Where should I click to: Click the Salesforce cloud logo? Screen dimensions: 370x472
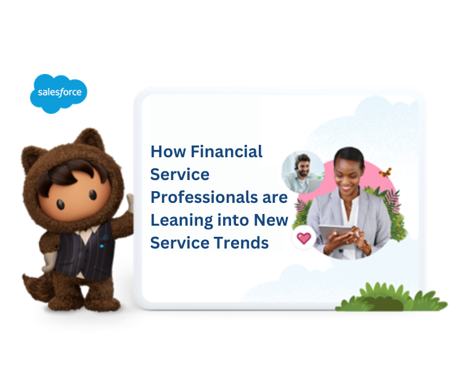pos(59,93)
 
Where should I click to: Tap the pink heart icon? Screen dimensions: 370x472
pos(304,239)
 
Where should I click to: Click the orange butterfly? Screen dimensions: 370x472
pos(386,173)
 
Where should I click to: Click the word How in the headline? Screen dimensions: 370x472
pos(167,151)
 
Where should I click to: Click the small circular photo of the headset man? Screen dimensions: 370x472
pos(302,171)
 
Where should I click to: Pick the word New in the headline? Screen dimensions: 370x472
pos(274,220)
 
